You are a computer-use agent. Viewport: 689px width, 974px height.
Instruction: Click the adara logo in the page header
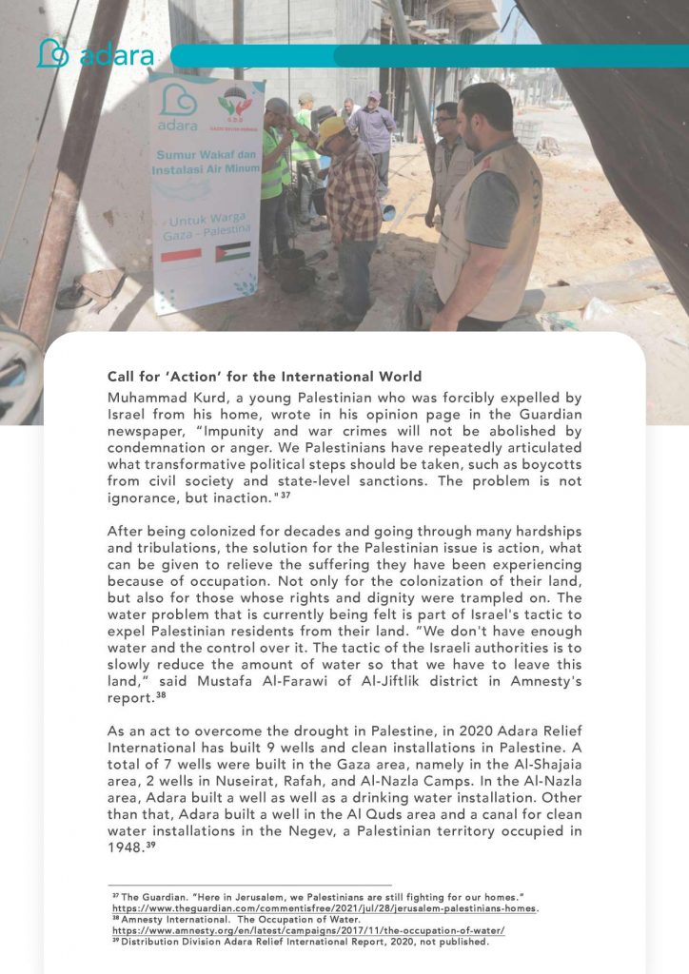pos(94,54)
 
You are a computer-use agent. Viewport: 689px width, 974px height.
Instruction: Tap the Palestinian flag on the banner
pos(232,252)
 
